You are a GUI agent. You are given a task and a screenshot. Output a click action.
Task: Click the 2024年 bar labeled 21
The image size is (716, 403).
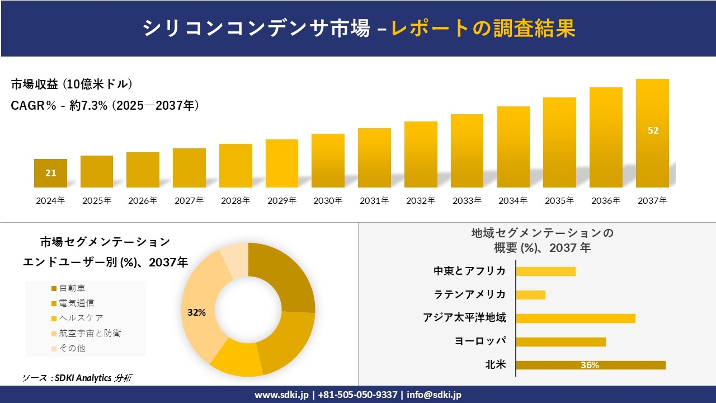(x=50, y=173)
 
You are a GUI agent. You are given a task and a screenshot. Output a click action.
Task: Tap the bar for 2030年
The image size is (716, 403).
(x=328, y=161)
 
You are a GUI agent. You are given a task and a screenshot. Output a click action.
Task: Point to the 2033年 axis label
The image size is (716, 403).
(x=467, y=200)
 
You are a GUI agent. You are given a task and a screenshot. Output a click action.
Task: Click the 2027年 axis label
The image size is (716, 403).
(x=189, y=200)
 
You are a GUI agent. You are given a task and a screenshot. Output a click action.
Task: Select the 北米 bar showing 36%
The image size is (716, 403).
(x=590, y=365)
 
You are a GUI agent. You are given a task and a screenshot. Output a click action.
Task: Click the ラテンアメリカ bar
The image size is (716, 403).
(x=530, y=294)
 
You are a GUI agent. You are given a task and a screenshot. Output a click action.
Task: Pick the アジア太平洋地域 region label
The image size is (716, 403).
(x=464, y=318)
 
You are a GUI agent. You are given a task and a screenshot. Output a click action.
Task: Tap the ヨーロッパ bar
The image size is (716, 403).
(x=560, y=341)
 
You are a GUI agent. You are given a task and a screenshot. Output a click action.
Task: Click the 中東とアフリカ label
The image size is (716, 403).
(x=469, y=271)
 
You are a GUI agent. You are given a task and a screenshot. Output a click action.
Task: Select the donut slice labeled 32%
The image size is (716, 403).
(x=197, y=312)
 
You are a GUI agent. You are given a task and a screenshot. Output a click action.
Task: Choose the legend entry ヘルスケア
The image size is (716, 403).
(x=81, y=318)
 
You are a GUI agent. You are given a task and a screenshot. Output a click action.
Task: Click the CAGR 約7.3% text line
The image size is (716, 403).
(x=105, y=106)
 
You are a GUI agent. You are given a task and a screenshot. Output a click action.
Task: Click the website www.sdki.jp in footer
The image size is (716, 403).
(x=281, y=395)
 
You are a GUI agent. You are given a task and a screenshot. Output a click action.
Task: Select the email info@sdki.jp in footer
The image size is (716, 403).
(x=434, y=395)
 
